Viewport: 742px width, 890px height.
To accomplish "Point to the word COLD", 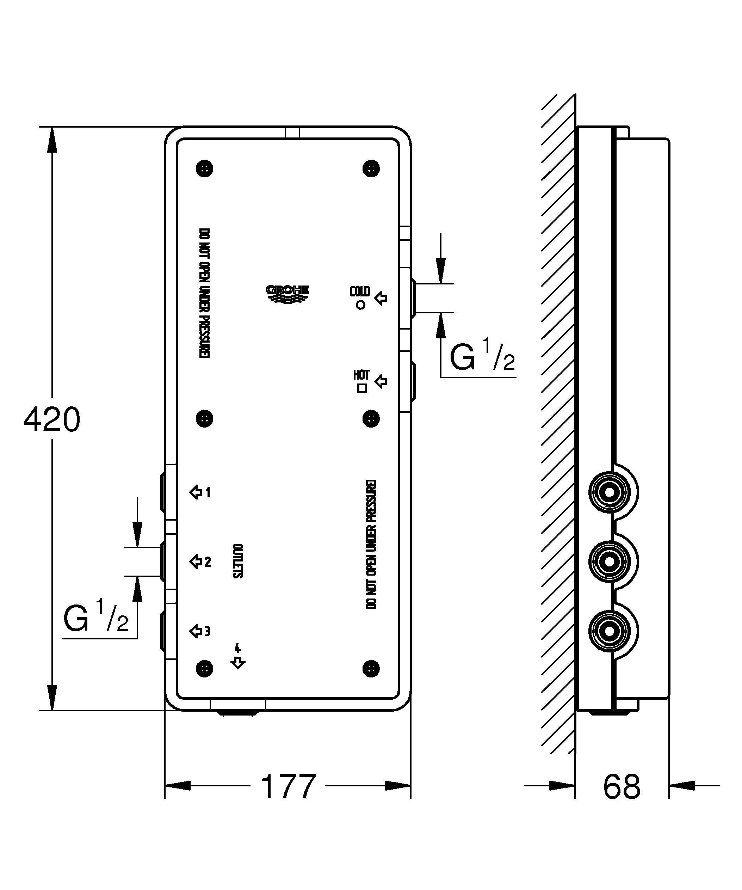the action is [x=360, y=291].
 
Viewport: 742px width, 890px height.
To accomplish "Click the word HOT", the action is [x=361, y=375].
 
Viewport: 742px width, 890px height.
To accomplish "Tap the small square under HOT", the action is [x=362, y=388].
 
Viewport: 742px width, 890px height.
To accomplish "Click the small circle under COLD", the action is [x=361, y=305].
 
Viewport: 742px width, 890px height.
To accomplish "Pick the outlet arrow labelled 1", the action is [x=195, y=492].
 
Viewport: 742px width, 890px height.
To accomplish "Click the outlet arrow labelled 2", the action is [x=195, y=562].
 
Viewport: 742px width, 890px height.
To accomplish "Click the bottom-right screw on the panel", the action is [x=371, y=669].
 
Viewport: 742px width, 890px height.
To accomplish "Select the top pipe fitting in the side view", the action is [x=610, y=492].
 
